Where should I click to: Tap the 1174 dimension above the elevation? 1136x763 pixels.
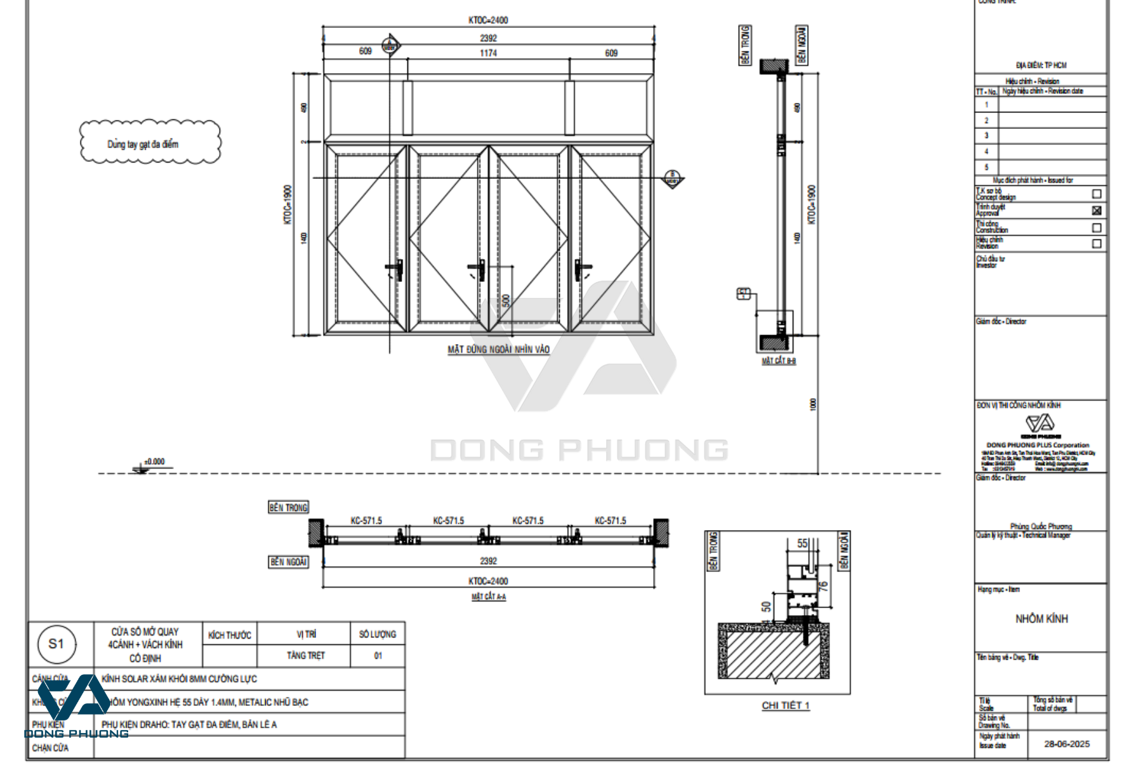click(x=488, y=53)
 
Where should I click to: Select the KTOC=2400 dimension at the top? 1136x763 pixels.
click(x=488, y=20)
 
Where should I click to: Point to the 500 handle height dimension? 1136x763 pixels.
click(x=506, y=300)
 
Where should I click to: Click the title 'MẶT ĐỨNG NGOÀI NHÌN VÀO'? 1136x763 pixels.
click(x=498, y=350)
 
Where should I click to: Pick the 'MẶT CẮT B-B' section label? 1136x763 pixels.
click(x=779, y=361)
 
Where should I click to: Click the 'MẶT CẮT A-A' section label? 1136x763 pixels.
click(x=489, y=597)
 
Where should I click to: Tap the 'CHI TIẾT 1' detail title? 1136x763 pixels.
click(x=786, y=705)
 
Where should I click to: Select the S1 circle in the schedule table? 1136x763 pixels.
click(x=56, y=644)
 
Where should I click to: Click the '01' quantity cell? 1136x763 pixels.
click(x=378, y=656)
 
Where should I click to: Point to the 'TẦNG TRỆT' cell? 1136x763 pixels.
click(x=305, y=656)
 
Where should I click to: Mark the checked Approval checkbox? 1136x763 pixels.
click(x=1097, y=211)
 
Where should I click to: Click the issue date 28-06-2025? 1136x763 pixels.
click(x=1067, y=744)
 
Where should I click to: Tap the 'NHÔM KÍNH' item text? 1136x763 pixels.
click(x=1041, y=619)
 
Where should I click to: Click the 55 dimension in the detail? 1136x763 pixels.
click(x=802, y=544)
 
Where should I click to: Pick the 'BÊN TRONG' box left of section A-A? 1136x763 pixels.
click(x=288, y=508)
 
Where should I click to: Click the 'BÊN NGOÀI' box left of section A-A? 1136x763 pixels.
click(x=288, y=562)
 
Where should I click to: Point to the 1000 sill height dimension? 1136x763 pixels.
click(x=813, y=405)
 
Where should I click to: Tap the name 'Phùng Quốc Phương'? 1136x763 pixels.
click(x=1041, y=526)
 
